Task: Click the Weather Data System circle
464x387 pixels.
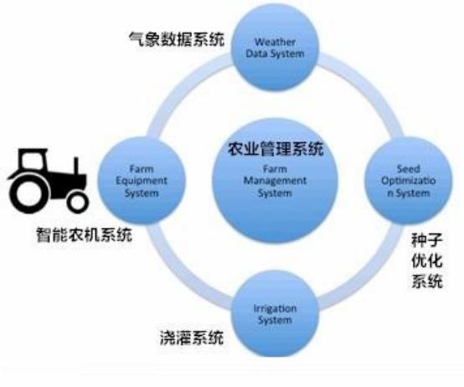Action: click(275, 48)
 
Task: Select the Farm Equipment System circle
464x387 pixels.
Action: click(142, 181)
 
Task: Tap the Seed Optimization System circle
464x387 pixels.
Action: click(409, 181)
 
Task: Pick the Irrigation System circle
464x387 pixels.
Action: click(275, 313)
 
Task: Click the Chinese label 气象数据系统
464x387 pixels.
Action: click(177, 39)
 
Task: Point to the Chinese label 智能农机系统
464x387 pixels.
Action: click(84, 235)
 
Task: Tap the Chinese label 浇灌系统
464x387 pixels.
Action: click(192, 338)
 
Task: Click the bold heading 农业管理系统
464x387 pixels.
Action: click(276, 149)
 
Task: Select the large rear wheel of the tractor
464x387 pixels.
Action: click(28, 193)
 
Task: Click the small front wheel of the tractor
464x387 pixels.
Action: click(78, 202)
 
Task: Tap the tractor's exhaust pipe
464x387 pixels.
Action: click(76, 166)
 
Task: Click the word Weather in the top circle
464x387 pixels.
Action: click(275, 42)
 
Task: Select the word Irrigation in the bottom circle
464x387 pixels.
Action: click(275, 308)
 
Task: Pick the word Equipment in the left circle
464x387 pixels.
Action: click(142, 181)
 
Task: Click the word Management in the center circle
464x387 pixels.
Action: click(275, 181)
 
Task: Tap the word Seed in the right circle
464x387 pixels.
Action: click(409, 169)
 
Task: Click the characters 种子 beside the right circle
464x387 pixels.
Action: click(426, 240)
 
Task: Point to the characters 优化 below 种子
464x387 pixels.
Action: click(426, 261)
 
